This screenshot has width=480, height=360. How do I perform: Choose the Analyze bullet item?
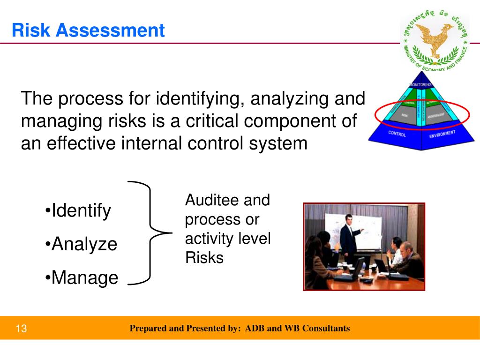coord(82,244)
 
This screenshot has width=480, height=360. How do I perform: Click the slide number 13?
coord(22,329)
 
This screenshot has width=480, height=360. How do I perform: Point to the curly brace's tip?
coord(169,232)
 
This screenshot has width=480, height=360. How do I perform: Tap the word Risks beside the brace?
coord(204,258)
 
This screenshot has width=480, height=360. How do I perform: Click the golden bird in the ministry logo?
coord(434,37)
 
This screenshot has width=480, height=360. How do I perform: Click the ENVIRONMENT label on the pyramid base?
coord(442,135)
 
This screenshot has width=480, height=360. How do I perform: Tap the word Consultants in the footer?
coord(326,329)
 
